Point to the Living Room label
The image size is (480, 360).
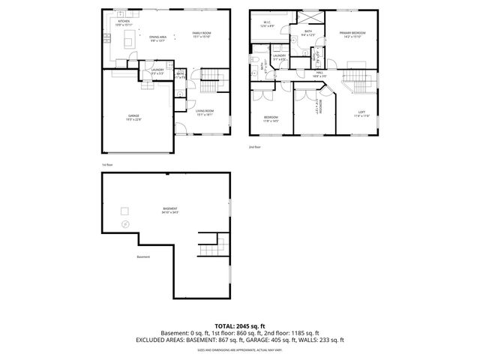(x=205, y=113)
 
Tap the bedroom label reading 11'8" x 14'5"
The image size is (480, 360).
(x=271, y=118)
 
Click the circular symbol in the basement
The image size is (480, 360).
(x=124, y=224)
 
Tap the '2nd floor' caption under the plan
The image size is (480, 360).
(x=255, y=148)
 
